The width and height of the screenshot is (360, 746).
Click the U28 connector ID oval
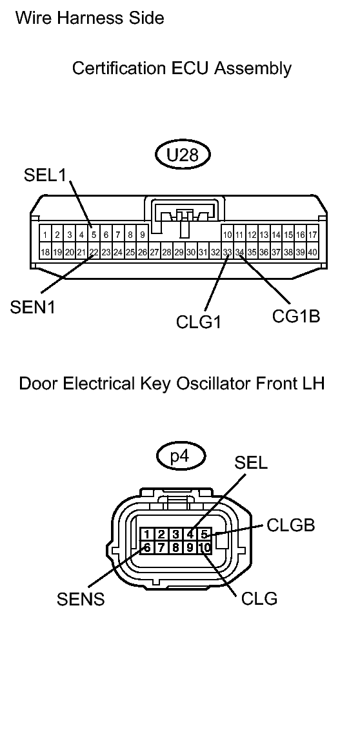[x=184, y=155]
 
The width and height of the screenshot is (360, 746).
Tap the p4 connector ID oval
[x=181, y=456]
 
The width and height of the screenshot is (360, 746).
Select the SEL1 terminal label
[x=45, y=175]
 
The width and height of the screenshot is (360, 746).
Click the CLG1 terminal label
[x=199, y=320]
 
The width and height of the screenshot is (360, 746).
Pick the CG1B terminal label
[x=296, y=317]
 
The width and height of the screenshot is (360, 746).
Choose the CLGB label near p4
[x=291, y=525]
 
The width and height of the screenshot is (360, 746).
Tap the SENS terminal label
[x=80, y=599]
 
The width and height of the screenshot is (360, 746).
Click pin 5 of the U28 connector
[x=94, y=235]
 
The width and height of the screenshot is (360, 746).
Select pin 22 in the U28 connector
[x=94, y=251]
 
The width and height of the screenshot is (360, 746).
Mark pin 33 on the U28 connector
[x=227, y=251]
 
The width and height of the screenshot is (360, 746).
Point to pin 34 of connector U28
[x=239, y=251]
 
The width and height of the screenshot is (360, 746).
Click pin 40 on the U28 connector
[x=312, y=251]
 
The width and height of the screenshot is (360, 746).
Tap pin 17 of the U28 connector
[x=312, y=235]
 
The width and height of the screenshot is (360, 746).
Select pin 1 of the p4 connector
[x=148, y=534]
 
